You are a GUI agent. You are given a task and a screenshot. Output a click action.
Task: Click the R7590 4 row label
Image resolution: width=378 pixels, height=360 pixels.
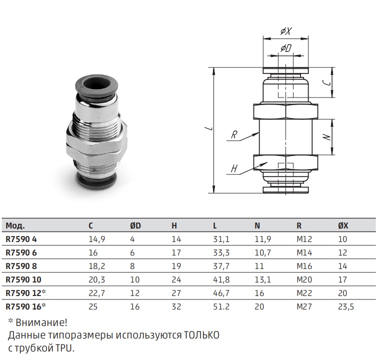click(x=21, y=239)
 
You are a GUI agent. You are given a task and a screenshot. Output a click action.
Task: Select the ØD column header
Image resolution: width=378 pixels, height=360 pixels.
click(x=135, y=225)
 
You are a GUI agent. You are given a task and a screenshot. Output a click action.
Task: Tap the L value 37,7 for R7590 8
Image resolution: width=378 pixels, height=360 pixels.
click(x=221, y=266)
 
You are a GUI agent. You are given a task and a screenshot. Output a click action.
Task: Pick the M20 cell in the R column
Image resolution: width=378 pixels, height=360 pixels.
click(x=304, y=279)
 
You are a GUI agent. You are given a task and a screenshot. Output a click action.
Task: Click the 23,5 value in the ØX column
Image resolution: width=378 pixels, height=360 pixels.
click(x=346, y=306)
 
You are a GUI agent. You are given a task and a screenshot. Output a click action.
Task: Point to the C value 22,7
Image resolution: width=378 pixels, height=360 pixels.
click(x=97, y=293)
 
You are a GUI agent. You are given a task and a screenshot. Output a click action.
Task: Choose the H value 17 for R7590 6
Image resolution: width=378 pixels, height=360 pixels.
click(x=176, y=252)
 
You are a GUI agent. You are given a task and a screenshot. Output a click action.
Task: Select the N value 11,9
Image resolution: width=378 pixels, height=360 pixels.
click(x=263, y=239)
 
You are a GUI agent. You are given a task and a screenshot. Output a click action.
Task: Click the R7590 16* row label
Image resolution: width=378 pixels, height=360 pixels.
click(x=25, y=306)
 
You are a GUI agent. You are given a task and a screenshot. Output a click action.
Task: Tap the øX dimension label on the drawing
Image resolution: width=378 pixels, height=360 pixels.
click(x=286, y=31)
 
